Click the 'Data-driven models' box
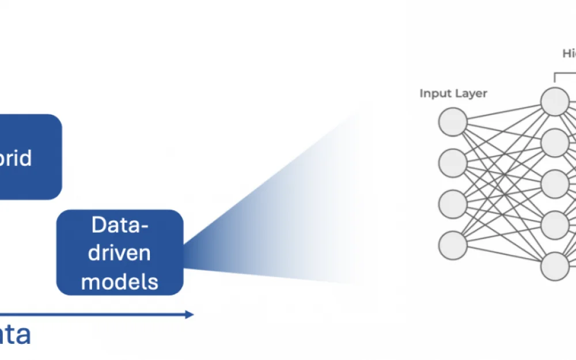pyautogui.click(x=120, y=252)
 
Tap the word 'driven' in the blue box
pyautogui.click(x=120, y=253)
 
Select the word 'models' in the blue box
pyautogui.click(x=120, y=281)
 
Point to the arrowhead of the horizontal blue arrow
pyautogui.click(x=189, y=314)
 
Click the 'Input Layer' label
pyautogui.click(x=453, y=93)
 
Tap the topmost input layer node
pyautogui.click(x=453, y=122)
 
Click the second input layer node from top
pyautogui.click(x=453, y=163)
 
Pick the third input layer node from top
pyautogui.click(x=453, y=204)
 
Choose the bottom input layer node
pyautogui.click(x=453, y=245)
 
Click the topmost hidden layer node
pyautogui.click(x=555, y=102)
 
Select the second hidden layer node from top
pyautogui.click(x=555, y=143)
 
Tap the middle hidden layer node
pyautogui.click(x=555, y=184)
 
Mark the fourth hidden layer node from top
pyautogui.click(x=555, y=225)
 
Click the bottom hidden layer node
pyautogui.click(x=555, y=266)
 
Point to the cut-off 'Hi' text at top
pyautogui.click(x=569, y=54)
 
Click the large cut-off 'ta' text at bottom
pyautogui.click(x=15, y=334)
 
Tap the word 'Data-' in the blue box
pyautogui.click(x=120, y=225)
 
